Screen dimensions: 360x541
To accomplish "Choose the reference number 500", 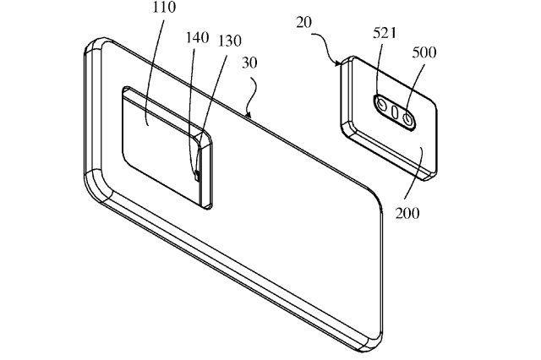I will (x=425, y=52).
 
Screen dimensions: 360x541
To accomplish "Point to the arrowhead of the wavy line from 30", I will (x=246, y=113).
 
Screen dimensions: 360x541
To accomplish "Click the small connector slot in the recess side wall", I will (x=197, y=173).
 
